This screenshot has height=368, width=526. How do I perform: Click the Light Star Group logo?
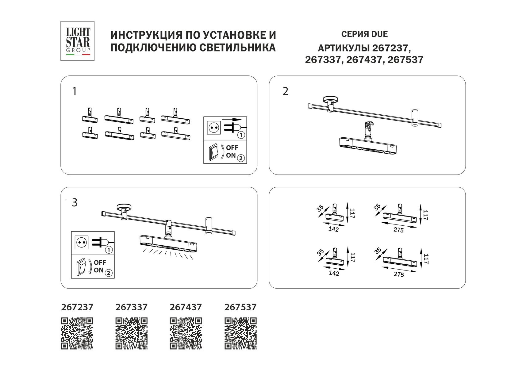77,41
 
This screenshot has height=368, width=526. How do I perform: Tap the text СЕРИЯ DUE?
364,34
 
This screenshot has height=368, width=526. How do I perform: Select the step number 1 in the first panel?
74,91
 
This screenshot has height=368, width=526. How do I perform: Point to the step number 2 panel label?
285,91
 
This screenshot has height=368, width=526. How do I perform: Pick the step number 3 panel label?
75,203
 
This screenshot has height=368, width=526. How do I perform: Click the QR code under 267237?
77,333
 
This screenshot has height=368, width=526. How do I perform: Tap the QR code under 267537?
240,333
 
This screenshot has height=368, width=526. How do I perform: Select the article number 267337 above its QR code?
131,307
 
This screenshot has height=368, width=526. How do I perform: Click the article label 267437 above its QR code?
186,307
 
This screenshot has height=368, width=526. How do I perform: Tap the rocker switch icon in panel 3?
81,266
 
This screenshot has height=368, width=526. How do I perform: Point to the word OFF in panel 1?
232,148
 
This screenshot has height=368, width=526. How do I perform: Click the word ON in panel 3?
98,270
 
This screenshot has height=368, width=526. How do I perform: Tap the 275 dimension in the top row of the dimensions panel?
399,230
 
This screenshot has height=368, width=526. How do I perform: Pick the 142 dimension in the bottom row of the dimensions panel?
334,273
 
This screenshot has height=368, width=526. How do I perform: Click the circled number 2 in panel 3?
109,272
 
